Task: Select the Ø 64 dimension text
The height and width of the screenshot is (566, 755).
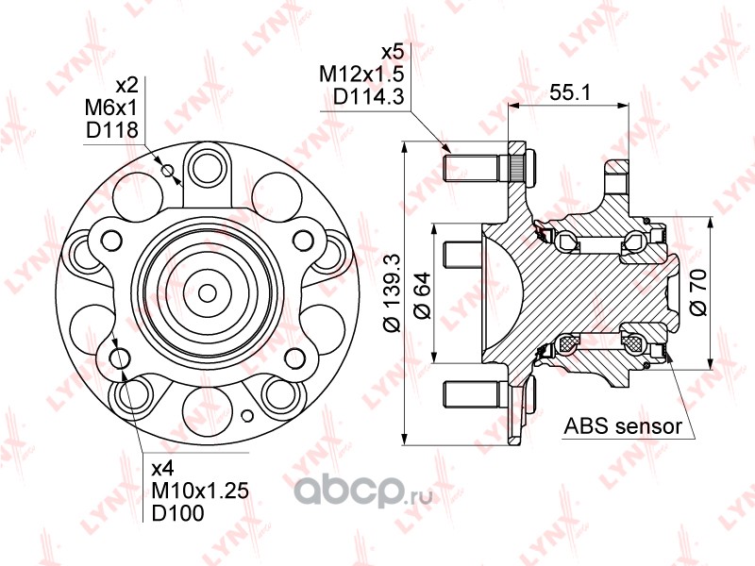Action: (x=422, y=295)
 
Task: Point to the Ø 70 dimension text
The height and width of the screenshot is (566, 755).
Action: (x=698, y=292)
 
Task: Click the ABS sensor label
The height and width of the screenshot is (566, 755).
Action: (x=623, y=426)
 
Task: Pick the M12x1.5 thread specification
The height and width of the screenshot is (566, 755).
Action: (x=361, y=75)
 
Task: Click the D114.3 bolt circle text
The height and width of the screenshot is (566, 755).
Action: (x=368, y=97)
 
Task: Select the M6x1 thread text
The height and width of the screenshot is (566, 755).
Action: (x=111, y=108)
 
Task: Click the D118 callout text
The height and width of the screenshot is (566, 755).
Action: (x=112, y=130)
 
